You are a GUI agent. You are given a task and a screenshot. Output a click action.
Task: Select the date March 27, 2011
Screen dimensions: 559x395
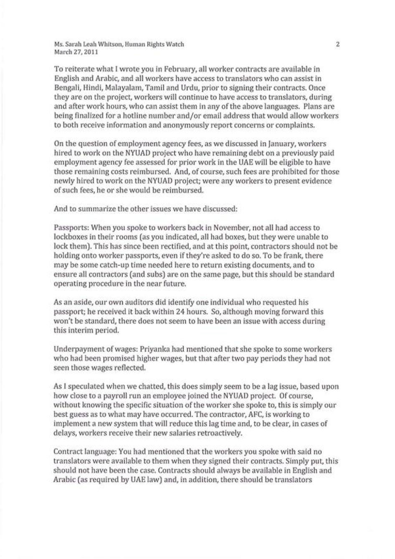coord(76,52)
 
